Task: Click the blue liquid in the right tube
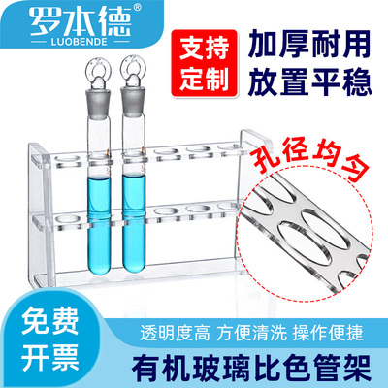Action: (133, 218)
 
